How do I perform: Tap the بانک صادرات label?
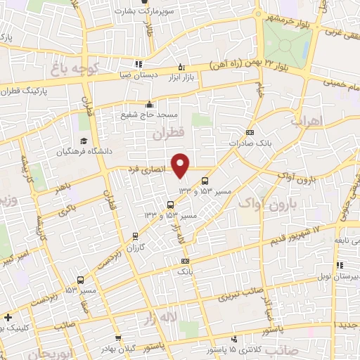(x=250, y=143)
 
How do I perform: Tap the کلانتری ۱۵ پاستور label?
(x=226, y=349)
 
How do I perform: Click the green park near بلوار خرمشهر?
(x=285, y=46)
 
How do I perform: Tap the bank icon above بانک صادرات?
(x=250, y=133)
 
